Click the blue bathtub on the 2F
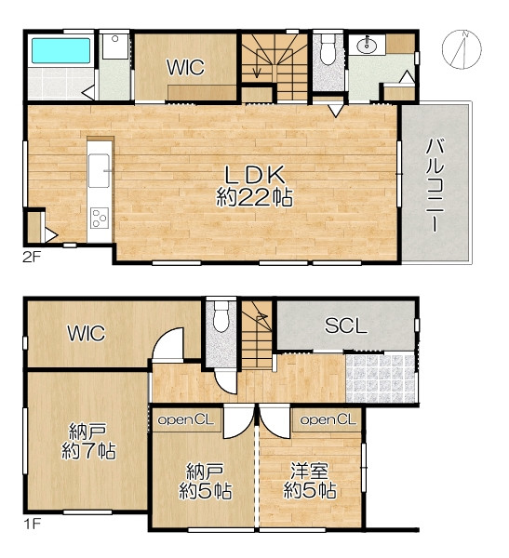[60, 50]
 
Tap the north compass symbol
[462, 49]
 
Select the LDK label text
[254, 175]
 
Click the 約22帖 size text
[254, 197]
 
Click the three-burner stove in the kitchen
[100, 218]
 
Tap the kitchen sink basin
[99, 170]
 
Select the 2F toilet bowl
[328, 50]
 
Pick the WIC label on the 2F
[185, 67]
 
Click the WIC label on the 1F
[87, 334]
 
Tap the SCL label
[346, 325]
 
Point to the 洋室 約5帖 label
[310, 481]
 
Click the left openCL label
[185, 420]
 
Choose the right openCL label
[328, 420]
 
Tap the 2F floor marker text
[32, 257]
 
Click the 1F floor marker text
[32, 524]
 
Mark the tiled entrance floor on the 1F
[381, 379]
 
